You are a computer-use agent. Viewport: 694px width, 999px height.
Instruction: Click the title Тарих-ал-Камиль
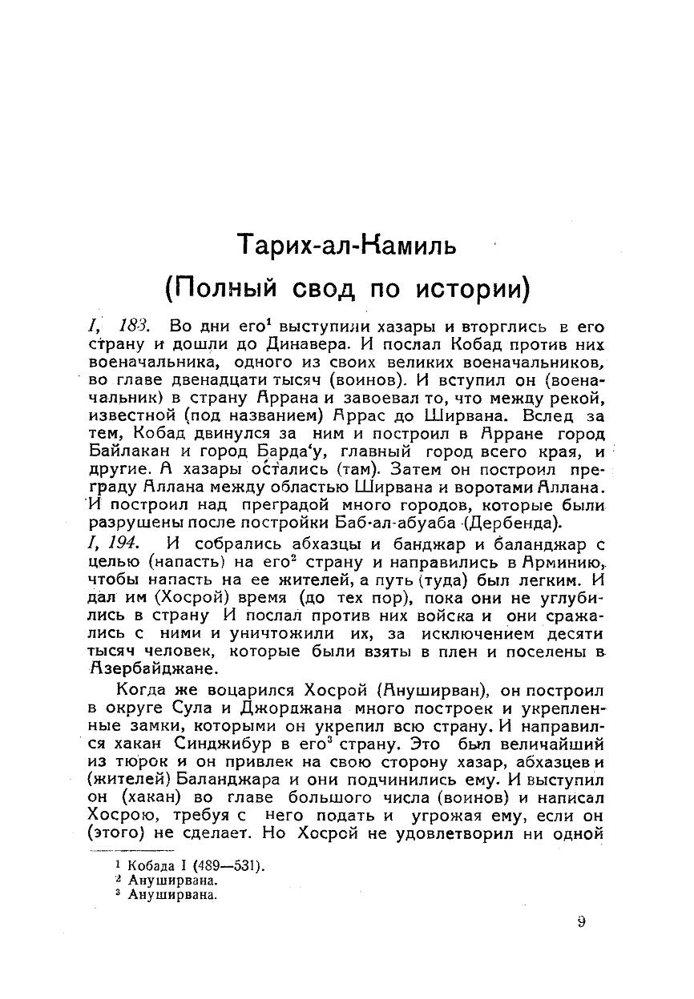(x=347, y=243)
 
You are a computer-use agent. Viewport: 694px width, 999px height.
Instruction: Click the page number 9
(x=581, y=921)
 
